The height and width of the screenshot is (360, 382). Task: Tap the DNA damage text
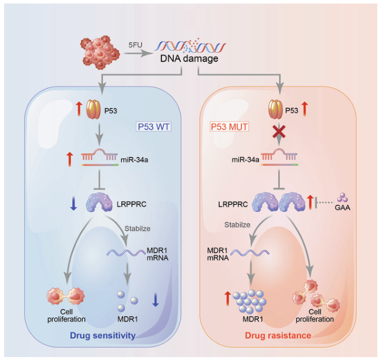189,59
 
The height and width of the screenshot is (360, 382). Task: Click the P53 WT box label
154,126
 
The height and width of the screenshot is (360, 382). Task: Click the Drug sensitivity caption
103,335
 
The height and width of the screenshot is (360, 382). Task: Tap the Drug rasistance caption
279,335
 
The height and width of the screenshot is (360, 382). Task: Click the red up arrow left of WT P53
79,108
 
